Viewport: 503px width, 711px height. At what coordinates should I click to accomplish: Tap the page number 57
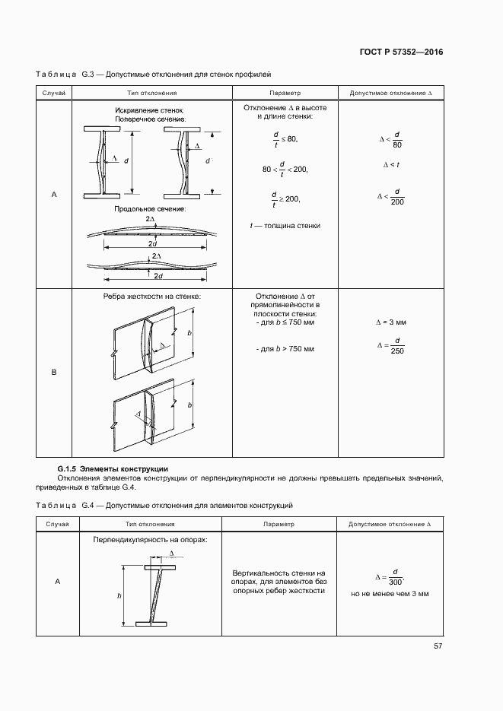coord(438,646)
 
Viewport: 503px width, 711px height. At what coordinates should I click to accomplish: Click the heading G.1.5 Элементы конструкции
coord(113,468)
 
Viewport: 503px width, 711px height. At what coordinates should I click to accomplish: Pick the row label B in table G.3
coord(54,373)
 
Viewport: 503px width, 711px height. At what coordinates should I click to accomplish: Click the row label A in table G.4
coord(58,582)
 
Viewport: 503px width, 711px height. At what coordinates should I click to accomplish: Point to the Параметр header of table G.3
coord(279,93)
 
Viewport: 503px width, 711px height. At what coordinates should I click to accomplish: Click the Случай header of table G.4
coord(58,524)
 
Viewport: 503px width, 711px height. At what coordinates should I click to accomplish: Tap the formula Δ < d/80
coord(391,140)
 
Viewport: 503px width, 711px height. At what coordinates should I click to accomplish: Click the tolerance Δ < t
coord(390,165)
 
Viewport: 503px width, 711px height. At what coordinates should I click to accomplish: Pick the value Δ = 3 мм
coord(390,322)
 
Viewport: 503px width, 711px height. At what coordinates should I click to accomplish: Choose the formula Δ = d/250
coord(391,345)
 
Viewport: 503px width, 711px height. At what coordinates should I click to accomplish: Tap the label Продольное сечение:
coord(150,208)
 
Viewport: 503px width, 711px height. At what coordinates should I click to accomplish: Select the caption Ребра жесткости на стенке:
coord(151,296)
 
